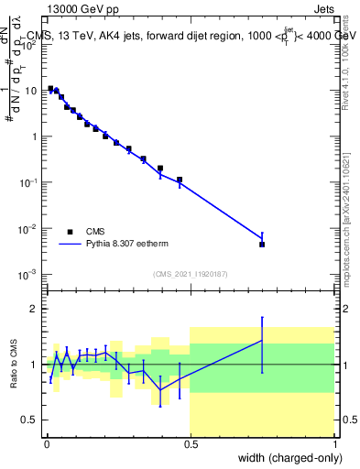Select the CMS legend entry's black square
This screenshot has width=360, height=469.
[x=70, y=232]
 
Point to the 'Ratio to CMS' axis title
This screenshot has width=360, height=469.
[x=16, y=365]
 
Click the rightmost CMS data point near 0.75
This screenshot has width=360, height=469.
[x=262, y=245]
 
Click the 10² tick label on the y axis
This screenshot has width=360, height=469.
[x=28, y=45]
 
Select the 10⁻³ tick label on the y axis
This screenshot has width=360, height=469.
[x=28, y=274]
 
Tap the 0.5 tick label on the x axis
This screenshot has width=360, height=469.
[x=191, y=444]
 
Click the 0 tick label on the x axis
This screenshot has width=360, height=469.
[x=46, y=444]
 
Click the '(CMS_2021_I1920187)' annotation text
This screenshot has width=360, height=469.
[x=190, y=274]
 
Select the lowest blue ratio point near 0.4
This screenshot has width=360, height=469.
[x=160, y=389]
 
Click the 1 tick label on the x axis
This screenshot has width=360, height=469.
[x=334, y=444]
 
